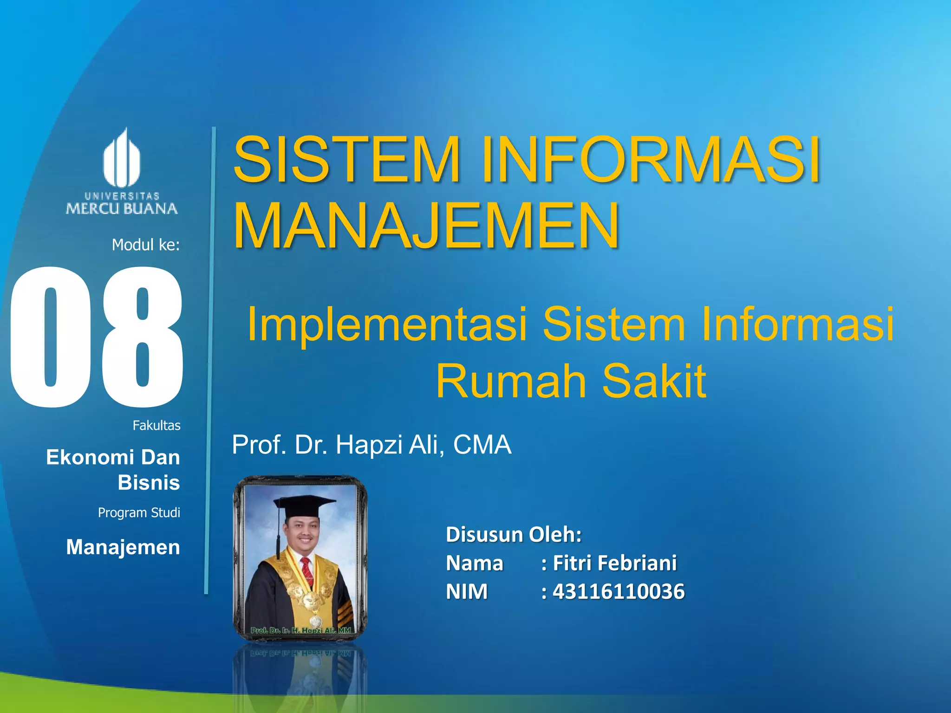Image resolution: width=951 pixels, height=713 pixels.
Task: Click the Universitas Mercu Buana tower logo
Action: click(x=122, y=158)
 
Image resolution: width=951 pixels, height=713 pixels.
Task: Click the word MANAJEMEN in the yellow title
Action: click(x=426, y=226)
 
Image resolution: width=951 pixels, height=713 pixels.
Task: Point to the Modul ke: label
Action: click(x=145, y=245)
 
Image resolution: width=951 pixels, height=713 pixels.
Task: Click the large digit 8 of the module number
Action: click(x=142, y=337)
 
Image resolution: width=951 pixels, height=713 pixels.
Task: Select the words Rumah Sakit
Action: click(x=571, y=381)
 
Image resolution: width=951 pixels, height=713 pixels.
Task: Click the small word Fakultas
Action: click(x=156, y=425)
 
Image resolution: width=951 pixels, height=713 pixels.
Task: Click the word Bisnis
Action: click(x=149, y=483)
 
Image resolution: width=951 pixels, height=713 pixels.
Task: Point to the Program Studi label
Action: click(x=139, y=512)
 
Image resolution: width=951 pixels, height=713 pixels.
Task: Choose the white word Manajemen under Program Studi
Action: click(x=123, y=547)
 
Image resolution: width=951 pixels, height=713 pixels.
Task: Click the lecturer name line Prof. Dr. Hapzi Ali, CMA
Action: click(x=371, y=445)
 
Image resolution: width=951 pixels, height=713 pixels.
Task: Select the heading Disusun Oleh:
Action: click(x=514, y=534)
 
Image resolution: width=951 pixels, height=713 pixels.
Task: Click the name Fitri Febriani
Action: click(x=614, y=563)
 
